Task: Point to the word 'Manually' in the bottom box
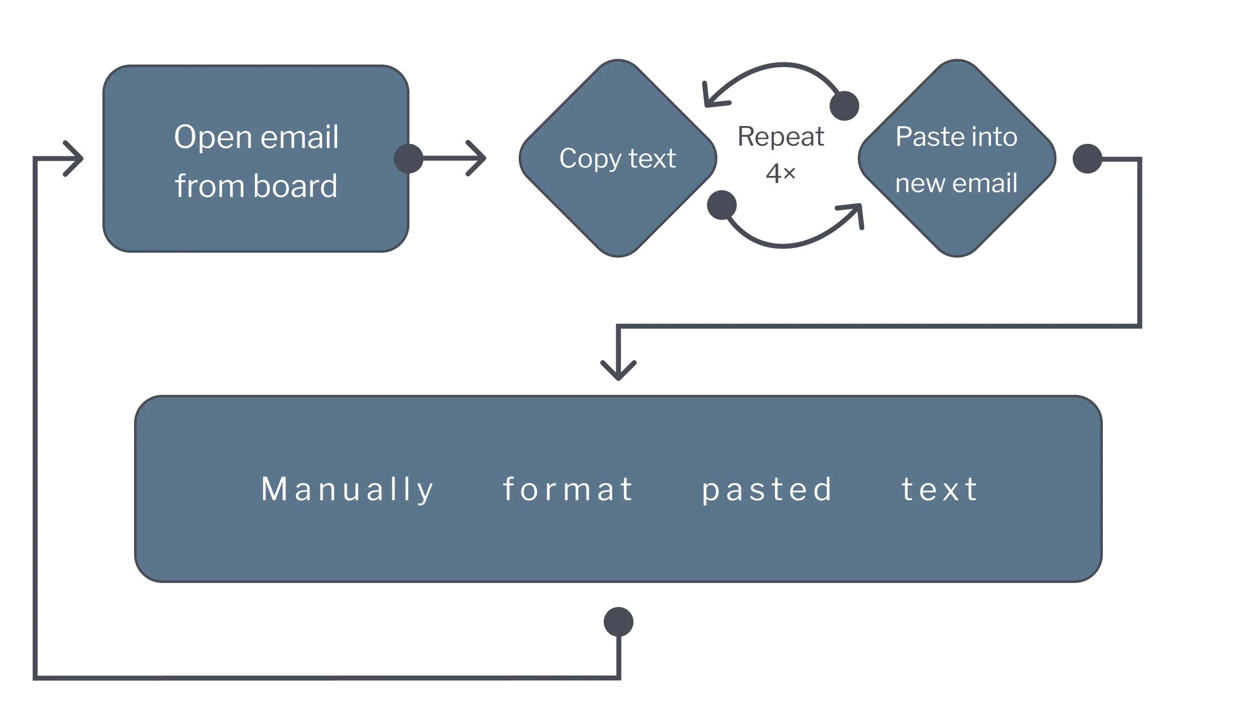[x=347, y=489]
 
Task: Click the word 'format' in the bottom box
[x=568, y=489]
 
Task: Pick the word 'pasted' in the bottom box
[x=767, y=490]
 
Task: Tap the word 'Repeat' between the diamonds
[x=780, y=136]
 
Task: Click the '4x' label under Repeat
[x=781, y=172]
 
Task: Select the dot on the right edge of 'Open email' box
[x=409, y=159]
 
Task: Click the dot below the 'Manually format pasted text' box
[x=618, y=621]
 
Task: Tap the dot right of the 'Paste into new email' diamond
[x=1088, y=159]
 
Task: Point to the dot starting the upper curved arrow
[x=845, y=105]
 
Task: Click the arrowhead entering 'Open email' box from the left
[x=76, y=159]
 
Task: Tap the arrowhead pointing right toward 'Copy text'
[x=477, y=159]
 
